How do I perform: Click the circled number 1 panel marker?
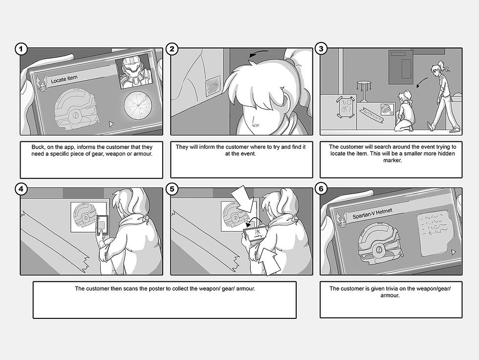[x=21, y=49]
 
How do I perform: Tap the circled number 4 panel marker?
[x=21, y=189]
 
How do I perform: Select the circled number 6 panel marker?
[x=321, y=189]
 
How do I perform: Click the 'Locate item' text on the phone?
[x=64, y=79]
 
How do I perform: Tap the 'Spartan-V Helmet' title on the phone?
[x=372, y=213]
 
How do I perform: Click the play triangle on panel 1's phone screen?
[x=111, y=124]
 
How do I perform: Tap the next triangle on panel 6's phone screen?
[x=454, y=252]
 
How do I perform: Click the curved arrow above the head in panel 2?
[x=259, y=53]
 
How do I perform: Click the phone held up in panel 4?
[x=103, y=225]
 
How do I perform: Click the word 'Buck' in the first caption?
[x=38, y=147]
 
